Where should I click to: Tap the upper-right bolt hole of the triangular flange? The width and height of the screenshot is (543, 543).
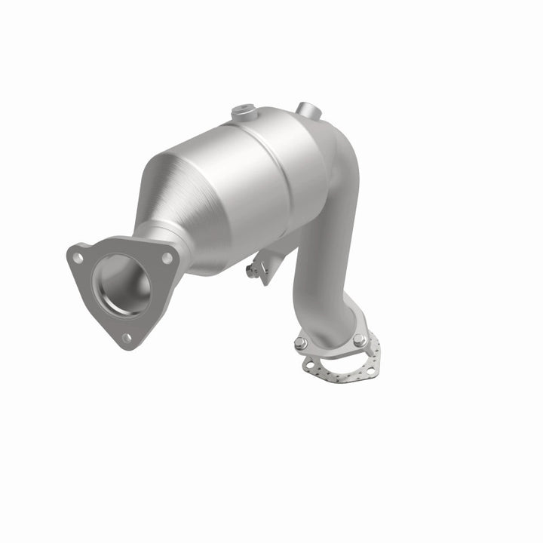[x=167, y=258]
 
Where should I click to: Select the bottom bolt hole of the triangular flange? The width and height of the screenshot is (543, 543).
[x=126, y=337]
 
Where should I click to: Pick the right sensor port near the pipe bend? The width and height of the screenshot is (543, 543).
[x=305, y=109]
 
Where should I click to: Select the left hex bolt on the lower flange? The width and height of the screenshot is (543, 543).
[x=300, y=345]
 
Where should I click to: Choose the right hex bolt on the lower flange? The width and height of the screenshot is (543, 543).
[x=360, y=340]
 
